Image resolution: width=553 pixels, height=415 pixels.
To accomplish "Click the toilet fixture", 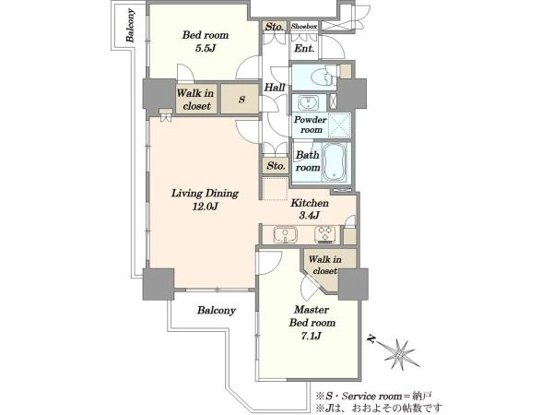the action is [322, 77].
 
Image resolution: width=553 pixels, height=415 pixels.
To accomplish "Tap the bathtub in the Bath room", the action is [335, 161].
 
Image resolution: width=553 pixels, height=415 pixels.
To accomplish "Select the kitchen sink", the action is [285, 234].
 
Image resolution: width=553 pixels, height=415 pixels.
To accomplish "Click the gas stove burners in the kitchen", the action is [324, 234].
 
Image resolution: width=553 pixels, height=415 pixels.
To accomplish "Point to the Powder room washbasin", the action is [308, 102].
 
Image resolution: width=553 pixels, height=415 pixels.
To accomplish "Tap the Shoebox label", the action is [304, 26].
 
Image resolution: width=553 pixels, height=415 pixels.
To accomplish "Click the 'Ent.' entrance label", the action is [304, 48].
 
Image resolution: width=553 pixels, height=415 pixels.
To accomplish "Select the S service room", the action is [241, 99].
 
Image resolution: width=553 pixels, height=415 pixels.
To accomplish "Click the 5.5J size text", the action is [205, 48].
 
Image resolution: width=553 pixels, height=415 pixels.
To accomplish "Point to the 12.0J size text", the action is [205, 206].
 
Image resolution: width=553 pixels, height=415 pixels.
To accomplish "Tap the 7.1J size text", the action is [312, 336].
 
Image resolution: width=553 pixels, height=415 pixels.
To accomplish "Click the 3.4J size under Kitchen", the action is [310, 215].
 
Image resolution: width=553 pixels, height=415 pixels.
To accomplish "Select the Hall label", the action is [275, 88].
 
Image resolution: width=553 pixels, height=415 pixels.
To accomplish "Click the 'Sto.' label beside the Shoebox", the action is [274, 27].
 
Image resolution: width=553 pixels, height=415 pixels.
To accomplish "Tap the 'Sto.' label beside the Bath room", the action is [276, 165].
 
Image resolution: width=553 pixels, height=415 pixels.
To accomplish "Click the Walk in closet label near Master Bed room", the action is [324, 265].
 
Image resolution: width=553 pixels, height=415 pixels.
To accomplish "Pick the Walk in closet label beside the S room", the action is [195, 100].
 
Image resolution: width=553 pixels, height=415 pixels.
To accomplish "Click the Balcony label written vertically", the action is [131, 26].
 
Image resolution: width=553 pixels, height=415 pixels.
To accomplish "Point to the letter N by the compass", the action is [371, 338].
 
